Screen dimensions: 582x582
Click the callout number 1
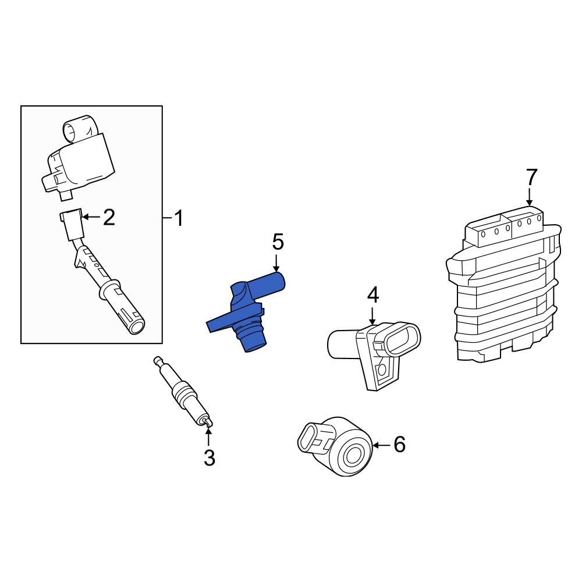point(179,219)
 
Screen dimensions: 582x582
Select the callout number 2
point(108,218)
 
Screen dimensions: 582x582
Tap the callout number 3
point(209,457)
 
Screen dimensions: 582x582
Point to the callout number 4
point(372,295)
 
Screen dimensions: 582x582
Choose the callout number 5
point(278,242)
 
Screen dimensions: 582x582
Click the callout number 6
point(399,445)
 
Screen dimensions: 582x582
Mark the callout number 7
point(531,177)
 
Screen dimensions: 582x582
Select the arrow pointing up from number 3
point(208,436)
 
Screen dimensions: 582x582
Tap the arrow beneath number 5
point(278,262)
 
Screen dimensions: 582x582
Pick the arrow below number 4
point(372,315)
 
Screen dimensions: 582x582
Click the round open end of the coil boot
point(137,325)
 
